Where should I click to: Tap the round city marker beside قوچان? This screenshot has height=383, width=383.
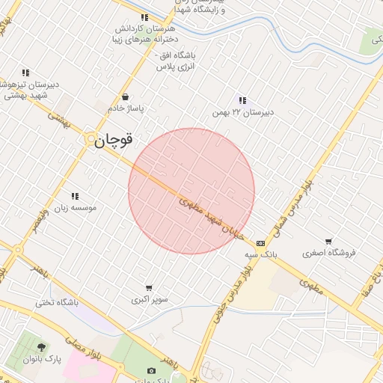91,139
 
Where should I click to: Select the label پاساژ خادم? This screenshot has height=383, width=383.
125,108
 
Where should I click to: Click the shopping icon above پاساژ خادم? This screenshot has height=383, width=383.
125,96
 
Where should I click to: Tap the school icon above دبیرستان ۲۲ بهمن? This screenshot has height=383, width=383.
242,100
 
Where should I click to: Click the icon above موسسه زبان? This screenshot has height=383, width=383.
75,196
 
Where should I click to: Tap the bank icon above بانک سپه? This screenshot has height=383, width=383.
260,243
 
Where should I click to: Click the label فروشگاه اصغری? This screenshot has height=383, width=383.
330,252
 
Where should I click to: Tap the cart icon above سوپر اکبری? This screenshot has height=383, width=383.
149,288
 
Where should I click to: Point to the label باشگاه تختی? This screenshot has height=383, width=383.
57,303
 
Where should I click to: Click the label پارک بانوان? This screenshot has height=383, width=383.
40,359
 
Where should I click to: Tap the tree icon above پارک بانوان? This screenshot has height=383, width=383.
40,347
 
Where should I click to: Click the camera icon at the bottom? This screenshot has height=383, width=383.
152,371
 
